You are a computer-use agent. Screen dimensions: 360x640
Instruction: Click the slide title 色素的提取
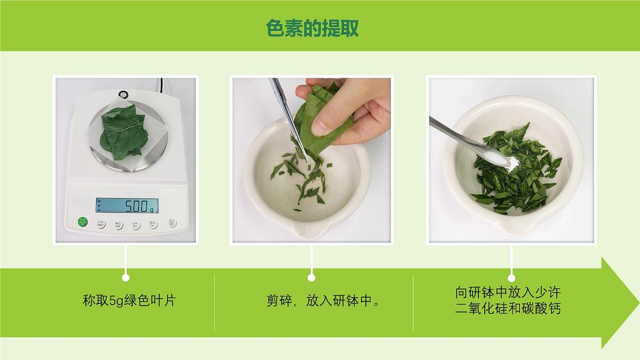(313, 28)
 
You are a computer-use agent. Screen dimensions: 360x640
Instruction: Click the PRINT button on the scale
(101, 224)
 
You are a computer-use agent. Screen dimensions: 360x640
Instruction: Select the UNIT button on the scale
(118, 224)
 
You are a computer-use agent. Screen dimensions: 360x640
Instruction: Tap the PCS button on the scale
(135, 224)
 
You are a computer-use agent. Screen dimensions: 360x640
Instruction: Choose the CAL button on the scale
(153, 224)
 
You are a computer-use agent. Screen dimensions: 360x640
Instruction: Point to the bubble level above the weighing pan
(124, 95)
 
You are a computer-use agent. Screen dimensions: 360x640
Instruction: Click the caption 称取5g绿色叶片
(129, 301)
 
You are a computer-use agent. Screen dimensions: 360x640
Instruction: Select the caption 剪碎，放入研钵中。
(324, 301)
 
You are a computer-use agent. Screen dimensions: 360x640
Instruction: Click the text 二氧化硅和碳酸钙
(508, 309)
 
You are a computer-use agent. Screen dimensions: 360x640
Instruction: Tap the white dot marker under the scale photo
(125, 277)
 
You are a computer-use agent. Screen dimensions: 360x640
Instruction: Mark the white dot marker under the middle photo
(311, 277)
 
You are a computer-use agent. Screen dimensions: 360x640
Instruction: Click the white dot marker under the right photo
(511, 277)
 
